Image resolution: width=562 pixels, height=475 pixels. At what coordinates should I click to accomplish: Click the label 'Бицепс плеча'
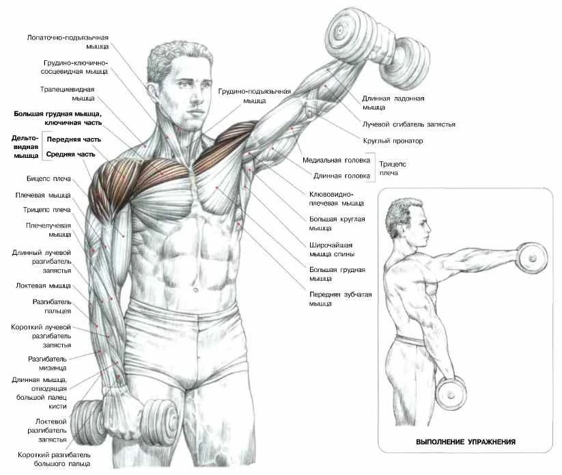(48, 178)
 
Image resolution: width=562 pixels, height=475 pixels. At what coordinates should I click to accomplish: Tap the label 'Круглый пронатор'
(393, 141)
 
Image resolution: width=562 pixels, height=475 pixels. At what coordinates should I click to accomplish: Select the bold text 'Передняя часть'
(74, 139)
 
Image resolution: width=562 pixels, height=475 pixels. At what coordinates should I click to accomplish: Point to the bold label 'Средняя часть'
(70, 154)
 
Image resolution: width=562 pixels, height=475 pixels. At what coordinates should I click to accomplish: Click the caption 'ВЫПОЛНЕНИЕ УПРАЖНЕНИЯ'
(466, 442)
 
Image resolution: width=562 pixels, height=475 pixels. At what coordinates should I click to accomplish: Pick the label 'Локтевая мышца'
(44, 286)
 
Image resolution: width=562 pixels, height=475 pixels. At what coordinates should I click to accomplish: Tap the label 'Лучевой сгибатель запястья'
(408, 124)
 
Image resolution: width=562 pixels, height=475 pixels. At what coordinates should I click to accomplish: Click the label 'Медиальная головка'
(336, 161)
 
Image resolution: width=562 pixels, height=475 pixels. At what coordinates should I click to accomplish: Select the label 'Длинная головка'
(341, 176)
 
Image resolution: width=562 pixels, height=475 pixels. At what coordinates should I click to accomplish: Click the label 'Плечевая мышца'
(43, 195)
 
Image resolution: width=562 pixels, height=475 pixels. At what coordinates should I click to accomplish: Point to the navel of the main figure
(195, 289)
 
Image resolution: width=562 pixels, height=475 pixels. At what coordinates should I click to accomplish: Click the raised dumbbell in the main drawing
(378, 49)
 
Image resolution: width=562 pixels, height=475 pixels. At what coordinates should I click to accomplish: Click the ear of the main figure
(151, 94)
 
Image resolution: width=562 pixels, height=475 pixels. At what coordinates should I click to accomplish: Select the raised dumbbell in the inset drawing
(532, 258)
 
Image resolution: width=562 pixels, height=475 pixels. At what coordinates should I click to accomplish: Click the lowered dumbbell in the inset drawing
(451, 394)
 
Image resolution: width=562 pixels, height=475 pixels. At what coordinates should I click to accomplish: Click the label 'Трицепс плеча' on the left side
(47, 210)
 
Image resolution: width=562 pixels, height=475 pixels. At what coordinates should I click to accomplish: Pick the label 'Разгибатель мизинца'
(47, 364)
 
